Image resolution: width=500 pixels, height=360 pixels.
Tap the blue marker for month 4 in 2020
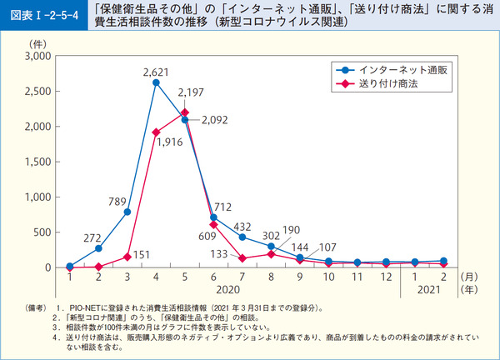pos(156,82)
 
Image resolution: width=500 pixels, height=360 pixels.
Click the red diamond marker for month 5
pos(184,112)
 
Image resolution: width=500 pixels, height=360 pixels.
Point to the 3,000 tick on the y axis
pos(37,56)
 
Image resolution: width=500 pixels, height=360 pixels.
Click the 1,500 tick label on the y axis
pos(37,162)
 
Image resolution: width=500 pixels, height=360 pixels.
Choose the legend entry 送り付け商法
pos(389,85)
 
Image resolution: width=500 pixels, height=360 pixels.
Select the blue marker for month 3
pos(127,212)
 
